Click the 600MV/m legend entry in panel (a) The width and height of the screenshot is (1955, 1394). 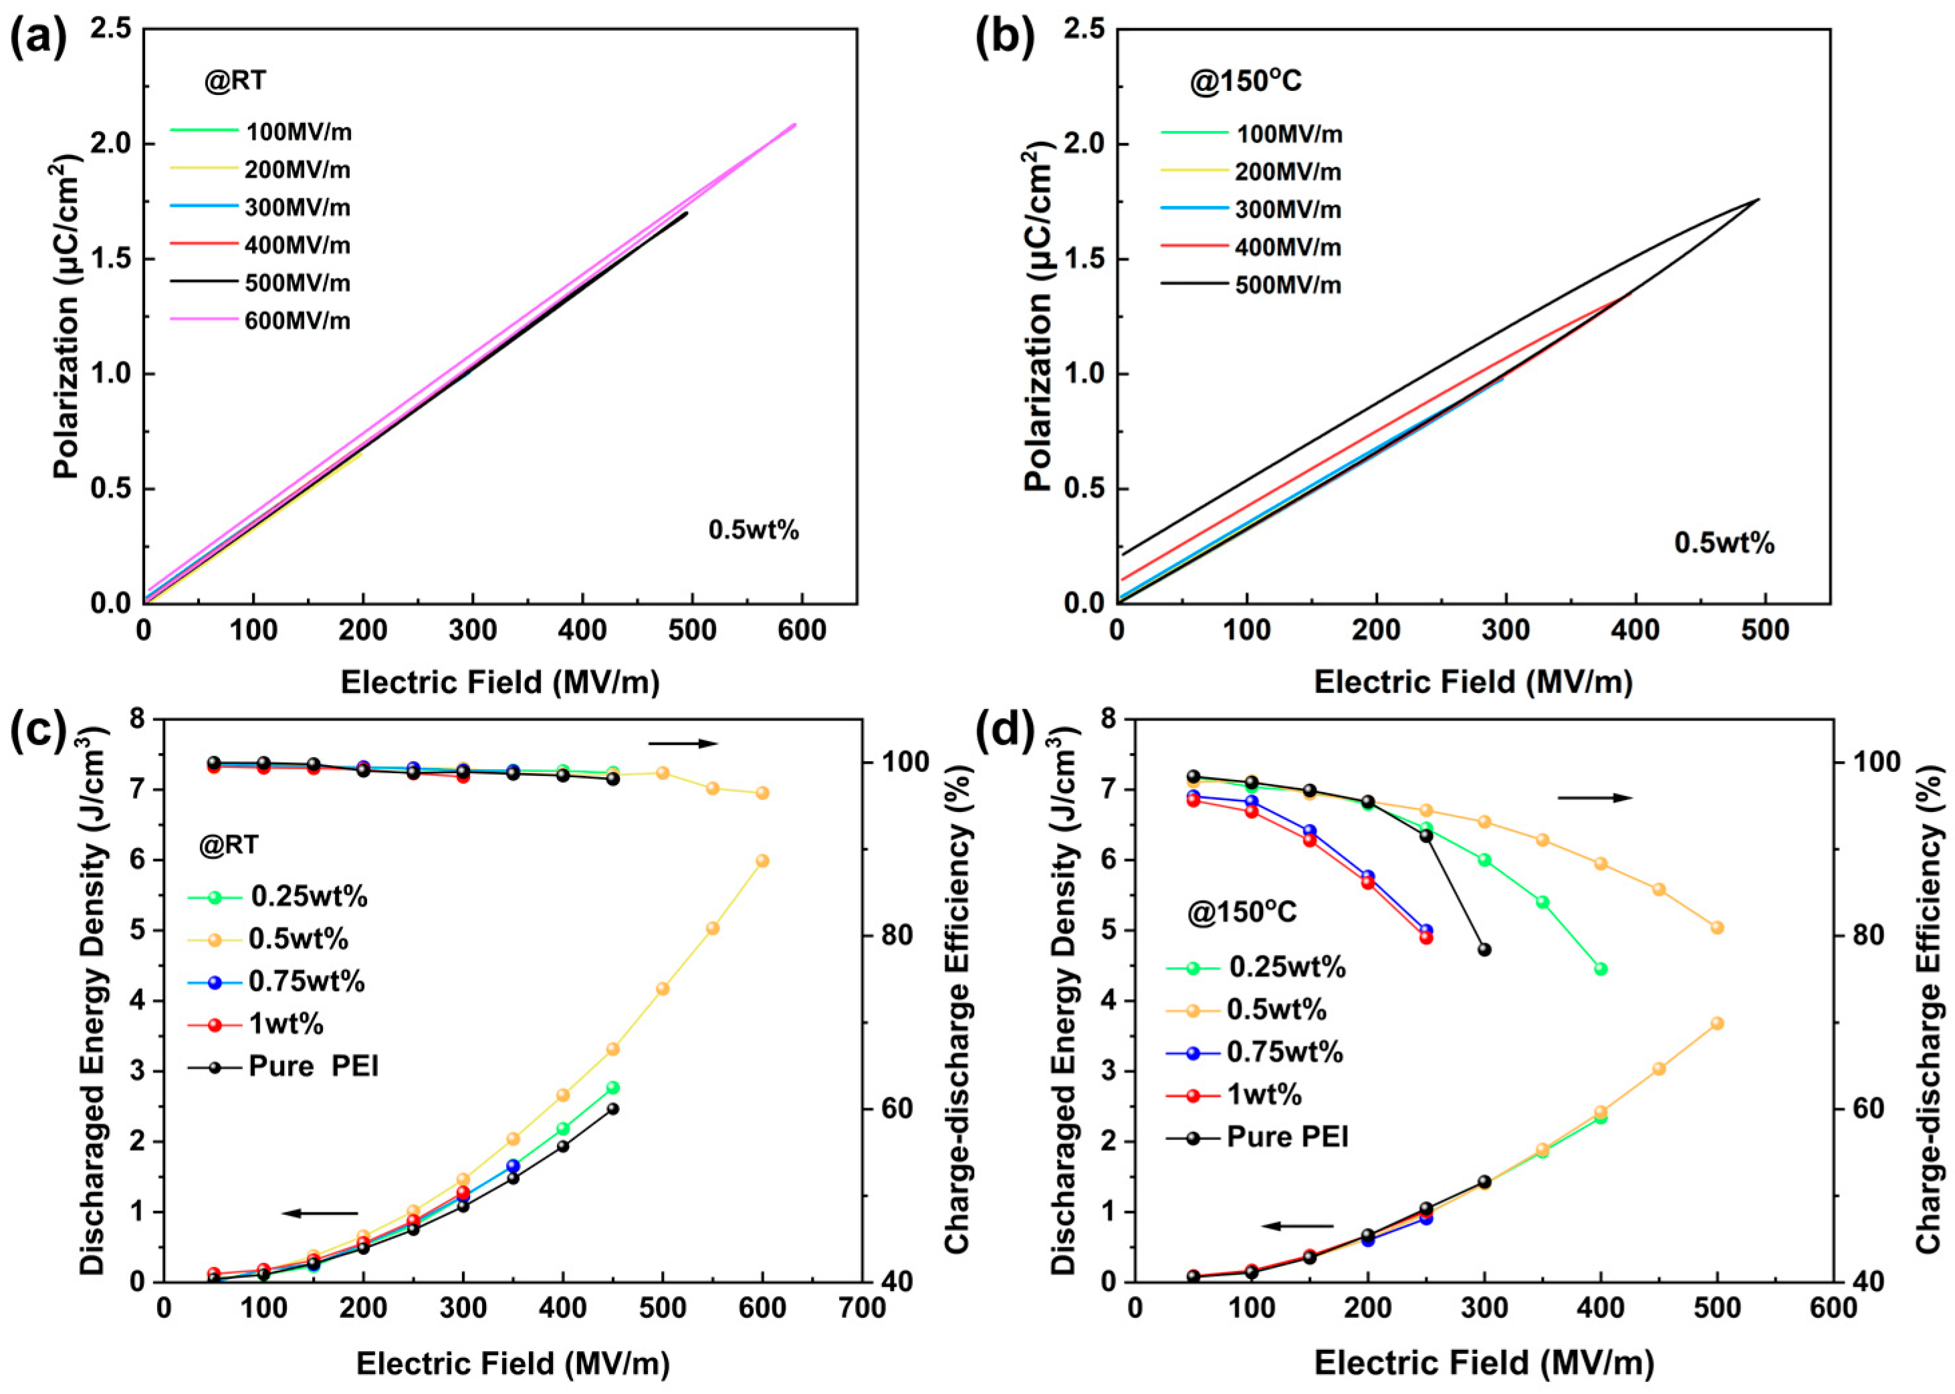[261, 321]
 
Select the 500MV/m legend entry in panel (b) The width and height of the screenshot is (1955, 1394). [1251, 284]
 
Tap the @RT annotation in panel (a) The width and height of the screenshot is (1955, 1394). [235, 81]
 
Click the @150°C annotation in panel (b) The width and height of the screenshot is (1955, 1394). [1245, 81]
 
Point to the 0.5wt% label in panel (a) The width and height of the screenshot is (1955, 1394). [754, 531]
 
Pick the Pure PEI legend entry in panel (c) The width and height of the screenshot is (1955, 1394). [283, 1066]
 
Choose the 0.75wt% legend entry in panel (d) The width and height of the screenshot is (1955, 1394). [1254, 1051]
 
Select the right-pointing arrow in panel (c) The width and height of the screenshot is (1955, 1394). [683, 743]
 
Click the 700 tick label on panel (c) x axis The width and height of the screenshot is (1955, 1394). [862, 1309]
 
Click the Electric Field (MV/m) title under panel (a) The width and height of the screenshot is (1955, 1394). [501, 682]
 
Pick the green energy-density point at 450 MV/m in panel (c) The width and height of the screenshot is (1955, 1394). [613, 1087]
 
